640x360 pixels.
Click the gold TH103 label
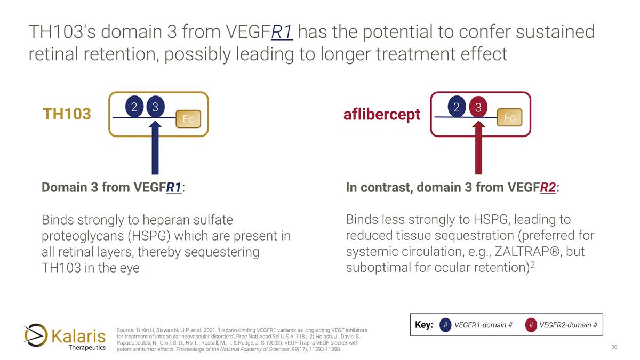[67, 114]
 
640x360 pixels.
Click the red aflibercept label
[382, 115]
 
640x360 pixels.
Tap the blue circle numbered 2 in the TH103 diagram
[134, 107]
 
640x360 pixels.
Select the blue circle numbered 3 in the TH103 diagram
[155, 107]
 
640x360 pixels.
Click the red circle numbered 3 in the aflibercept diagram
[478, 107]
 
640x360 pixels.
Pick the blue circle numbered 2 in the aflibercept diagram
[457, 107]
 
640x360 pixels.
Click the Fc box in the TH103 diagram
[188, 119]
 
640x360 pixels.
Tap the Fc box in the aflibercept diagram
[509, 118]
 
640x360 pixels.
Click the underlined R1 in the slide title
[282, 32]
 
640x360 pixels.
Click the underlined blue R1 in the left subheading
[174, 188]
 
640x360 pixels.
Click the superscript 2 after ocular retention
[532, 263]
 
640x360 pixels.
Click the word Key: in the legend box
[423, 325]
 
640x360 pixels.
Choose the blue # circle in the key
[445, 325]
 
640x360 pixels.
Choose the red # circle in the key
[531, 325]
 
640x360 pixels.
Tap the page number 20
[614, 348]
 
